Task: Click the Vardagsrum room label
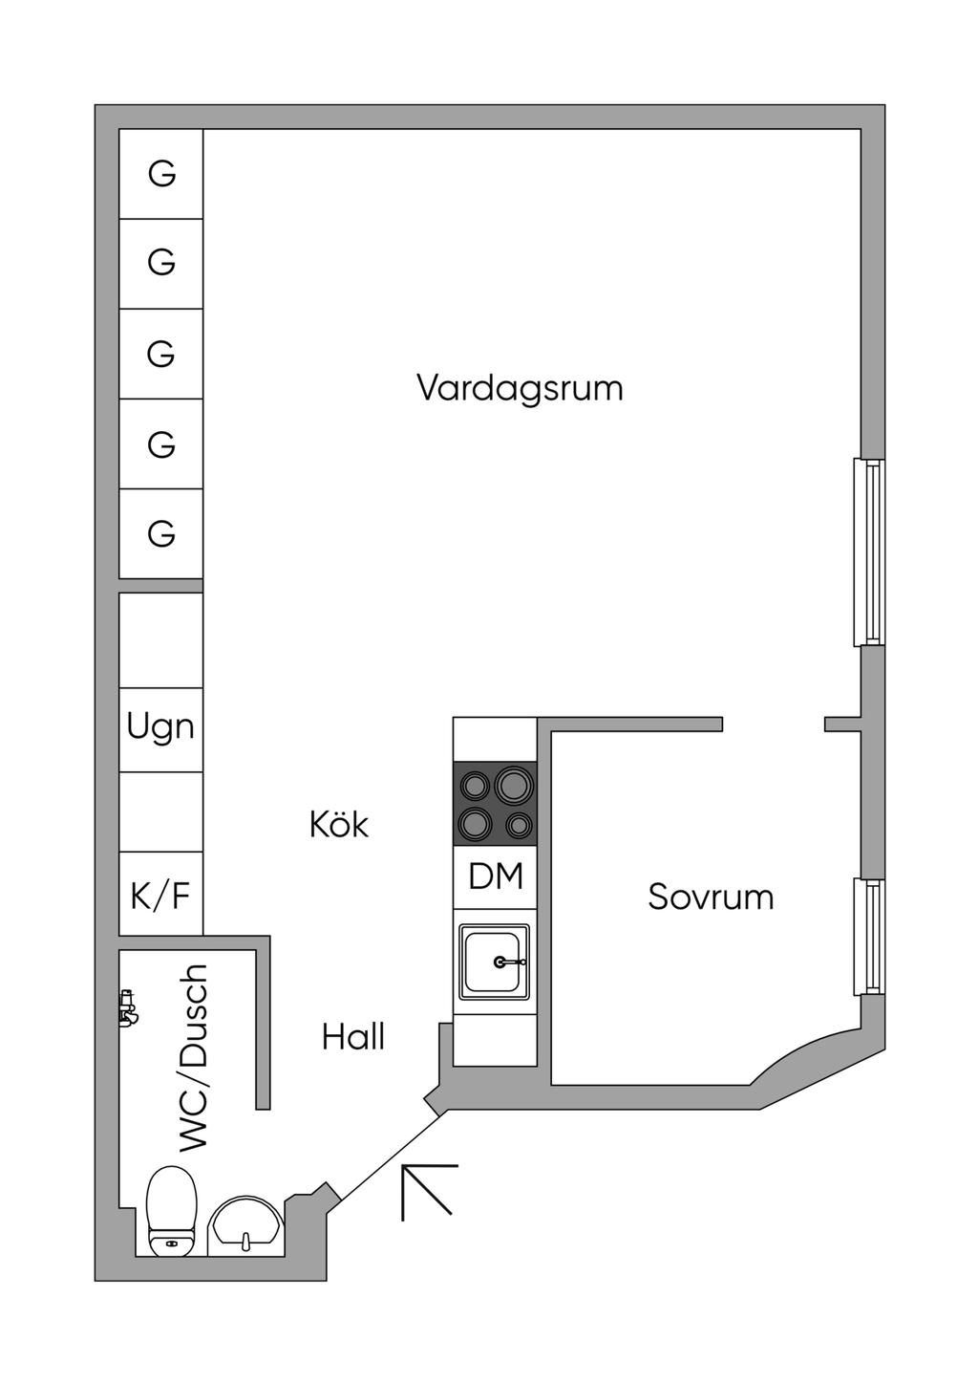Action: click(520, 388)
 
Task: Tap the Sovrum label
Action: click(711, 897)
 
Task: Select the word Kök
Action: click(339, 824)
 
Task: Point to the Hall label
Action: click(353, 1037)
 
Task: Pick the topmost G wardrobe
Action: click(161, 174)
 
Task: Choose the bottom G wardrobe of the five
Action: click(161, 533)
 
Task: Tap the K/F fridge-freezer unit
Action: click(160, 895)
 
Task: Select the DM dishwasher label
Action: click(496, 876)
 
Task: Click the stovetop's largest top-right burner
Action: click(513, 786)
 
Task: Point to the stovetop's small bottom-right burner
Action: click(519, 824)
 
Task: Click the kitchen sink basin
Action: click(494, 962)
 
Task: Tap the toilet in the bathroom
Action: click(172, 1208)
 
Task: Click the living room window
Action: click(869, 552)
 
